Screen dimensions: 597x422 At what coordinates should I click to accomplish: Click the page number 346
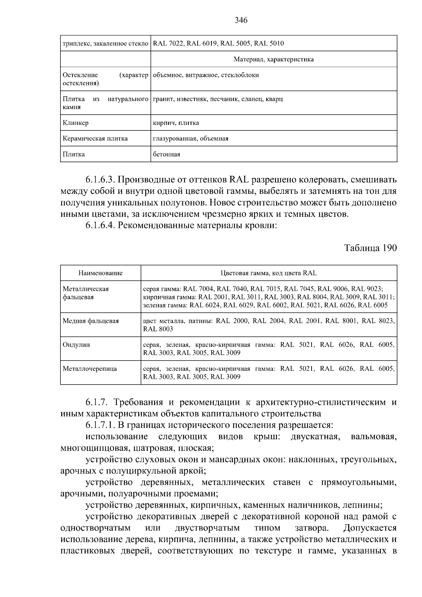[241, 20]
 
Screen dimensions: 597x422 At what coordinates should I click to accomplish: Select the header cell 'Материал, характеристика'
[274, 59]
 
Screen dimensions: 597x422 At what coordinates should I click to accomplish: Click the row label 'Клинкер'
[76, 123]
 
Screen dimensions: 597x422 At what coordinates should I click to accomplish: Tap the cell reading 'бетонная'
[166, 154]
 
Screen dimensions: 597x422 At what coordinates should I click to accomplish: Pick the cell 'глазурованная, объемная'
[191, 138]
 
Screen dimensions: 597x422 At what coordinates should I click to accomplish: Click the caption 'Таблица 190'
[371, 248]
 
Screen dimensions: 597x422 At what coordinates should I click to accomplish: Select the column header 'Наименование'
[100, 273]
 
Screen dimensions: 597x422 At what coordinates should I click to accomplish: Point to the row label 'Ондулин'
[76, 345]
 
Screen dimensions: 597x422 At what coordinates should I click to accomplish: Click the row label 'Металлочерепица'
[90, 369]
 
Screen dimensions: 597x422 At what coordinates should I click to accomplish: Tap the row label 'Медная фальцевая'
[91, 321]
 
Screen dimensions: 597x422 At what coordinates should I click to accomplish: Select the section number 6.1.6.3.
[100, 180]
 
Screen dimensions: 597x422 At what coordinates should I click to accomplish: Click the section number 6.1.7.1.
[100, 425]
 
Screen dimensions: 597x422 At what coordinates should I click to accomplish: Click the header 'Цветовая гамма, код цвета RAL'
[269, 273]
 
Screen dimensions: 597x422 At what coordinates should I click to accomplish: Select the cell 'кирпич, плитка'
[176, 123]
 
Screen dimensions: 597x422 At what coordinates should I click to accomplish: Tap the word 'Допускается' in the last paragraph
[370, 528]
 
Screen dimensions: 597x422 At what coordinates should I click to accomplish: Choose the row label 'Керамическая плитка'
[95, 138]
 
